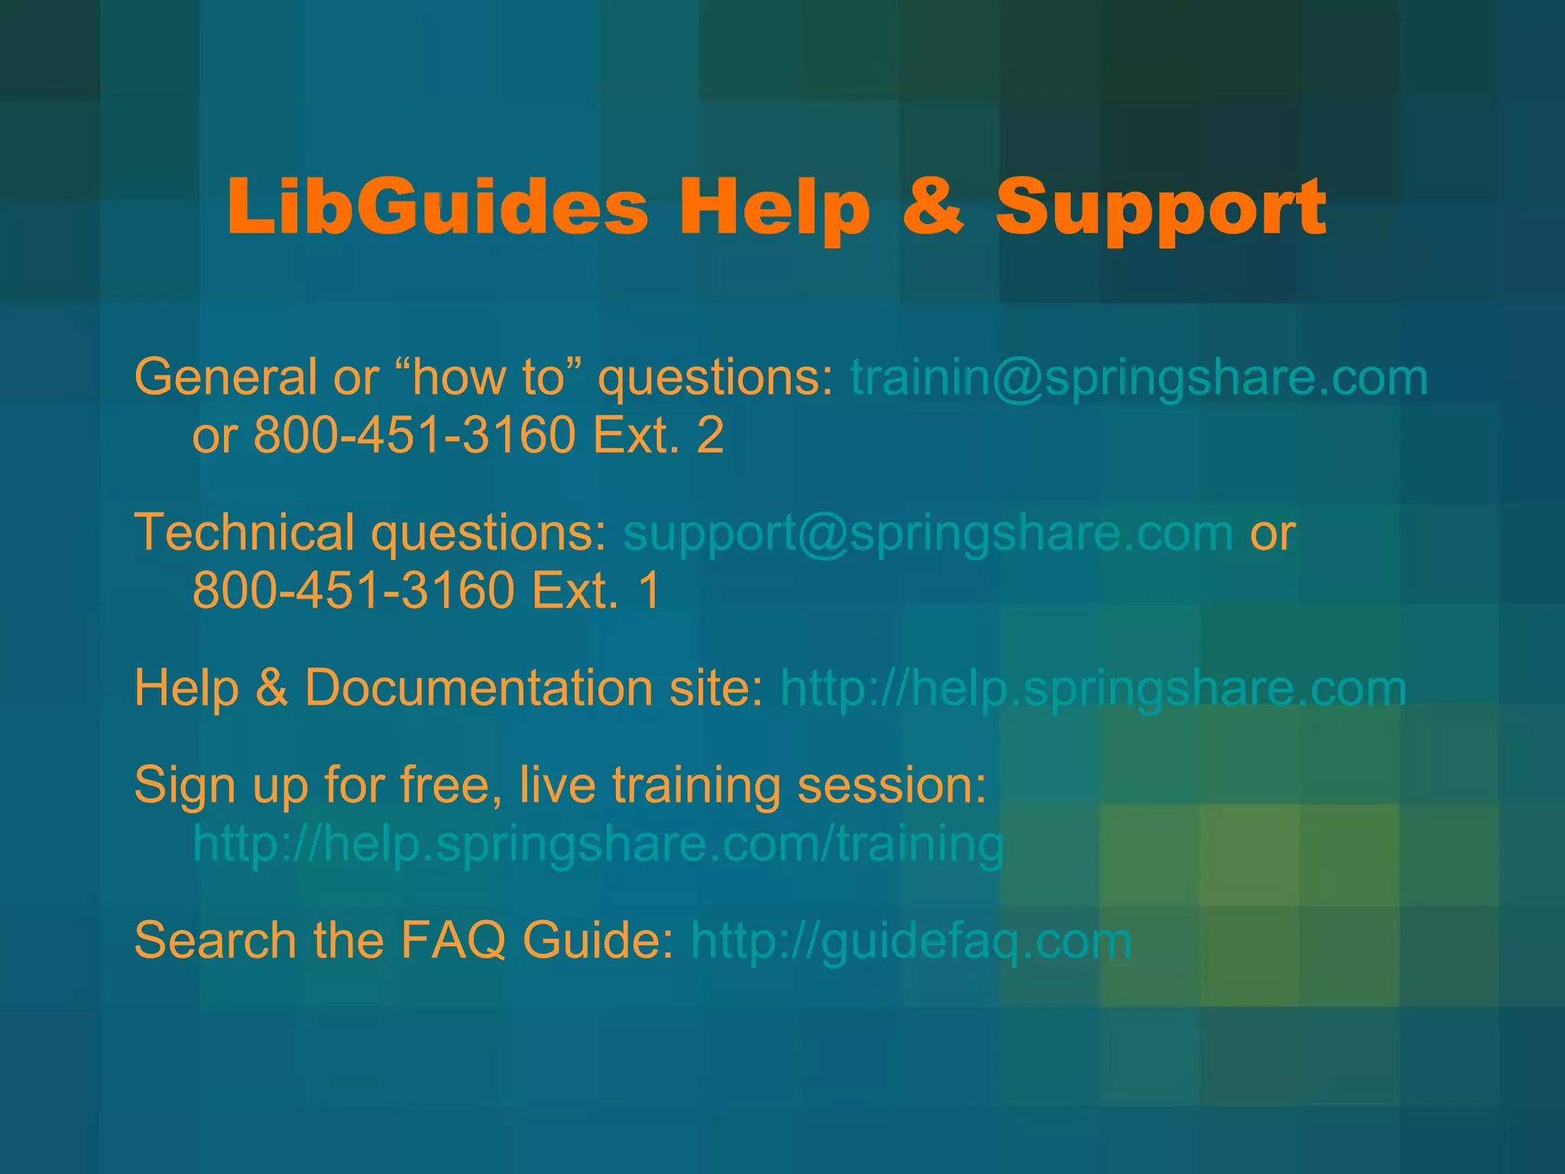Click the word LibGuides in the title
pos(437,207)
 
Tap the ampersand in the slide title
pos(932,207)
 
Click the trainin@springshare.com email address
pos(1139,378)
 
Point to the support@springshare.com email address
pos(928,533)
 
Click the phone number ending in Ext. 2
pos(488,436)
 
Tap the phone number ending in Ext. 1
pos(426,591)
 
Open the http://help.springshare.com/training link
pos(598,844)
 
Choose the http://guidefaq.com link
pos(911,941)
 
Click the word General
pos(225,378)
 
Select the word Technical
pos(244,533)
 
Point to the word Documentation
pos(478,688)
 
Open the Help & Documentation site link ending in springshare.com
pos(1093,689)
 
